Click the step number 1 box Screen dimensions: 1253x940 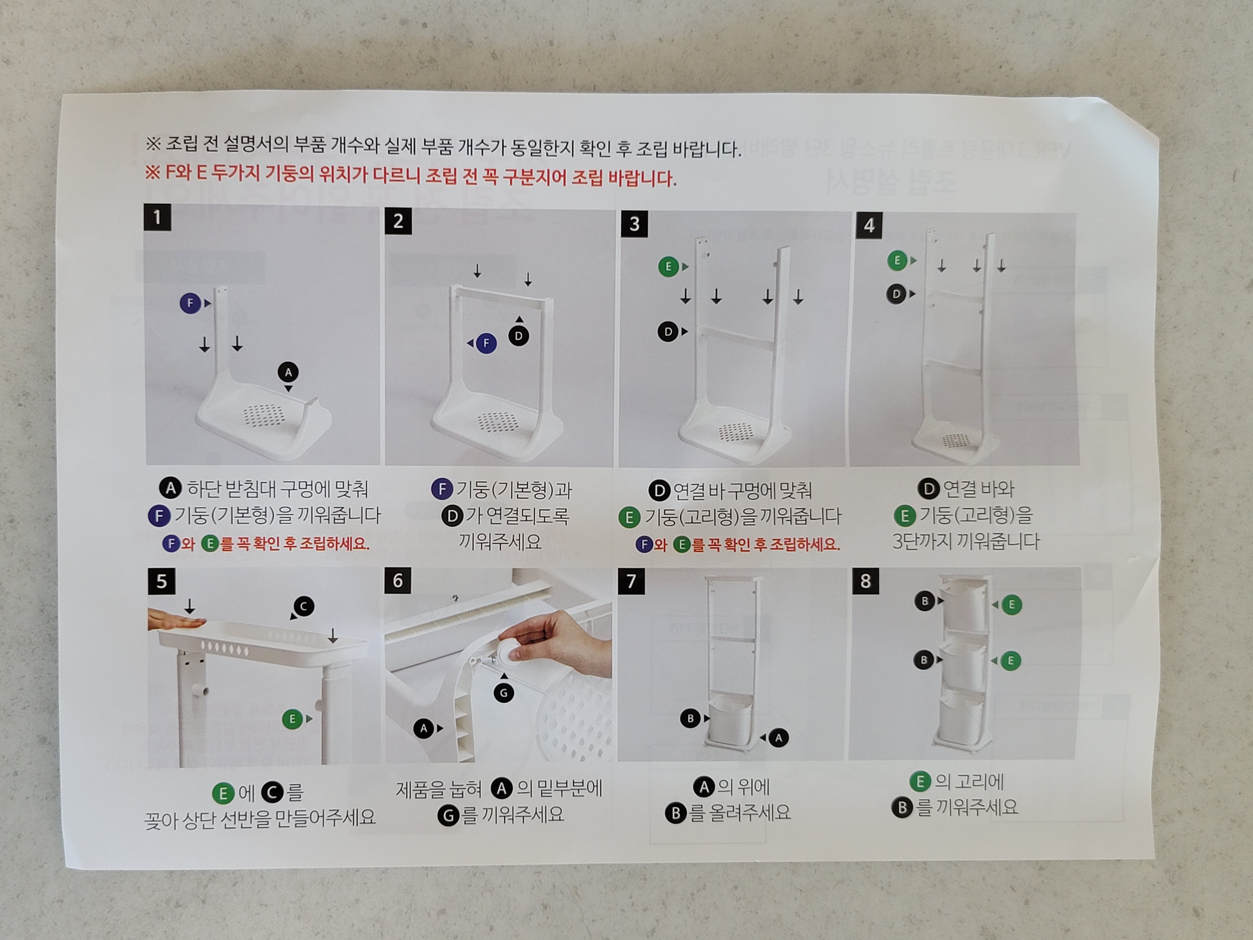pyautogui.click(x=158, y=217)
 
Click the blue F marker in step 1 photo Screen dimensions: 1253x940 pyautogui.click(x=190, y=303)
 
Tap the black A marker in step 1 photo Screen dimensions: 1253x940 pyautogui.click(x=288, y=372)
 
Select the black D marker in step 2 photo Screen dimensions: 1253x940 pyautogui.click(x=518, y=336)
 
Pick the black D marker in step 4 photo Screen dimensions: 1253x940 pyautogui.click(x=896, y=294)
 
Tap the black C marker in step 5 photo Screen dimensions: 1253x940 pyautogui.click(x=304, y=606)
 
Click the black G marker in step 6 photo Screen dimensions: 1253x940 pyautogui.click(x=504, y=692)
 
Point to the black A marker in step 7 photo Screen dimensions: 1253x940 pyautogui.click(x=778, y=738)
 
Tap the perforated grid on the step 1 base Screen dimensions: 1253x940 pyautogui.click(x=264, y=415)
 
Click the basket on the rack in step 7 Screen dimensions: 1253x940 pyautogui.click(x=730, y=720)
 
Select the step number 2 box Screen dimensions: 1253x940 pyautogui.click(x=398, y=221)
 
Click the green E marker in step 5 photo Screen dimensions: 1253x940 pyautogui.click(x=292, y=719)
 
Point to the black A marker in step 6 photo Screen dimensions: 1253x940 pyautogui.click(x=424, y=728)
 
